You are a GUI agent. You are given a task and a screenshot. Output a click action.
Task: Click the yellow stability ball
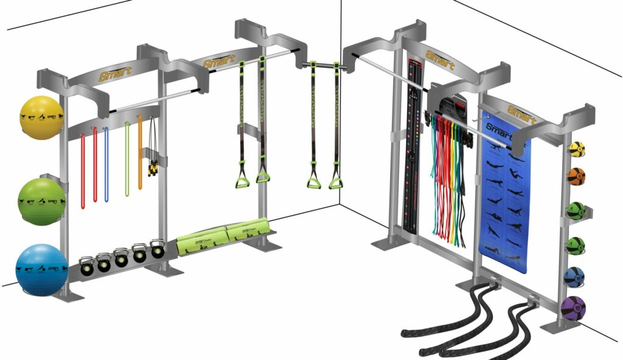pos(41,117)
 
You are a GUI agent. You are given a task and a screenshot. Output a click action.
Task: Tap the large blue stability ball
pos(41,269)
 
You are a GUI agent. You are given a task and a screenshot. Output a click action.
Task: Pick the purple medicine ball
pos(573,308)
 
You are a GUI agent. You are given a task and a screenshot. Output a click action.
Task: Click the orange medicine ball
pos(576,176)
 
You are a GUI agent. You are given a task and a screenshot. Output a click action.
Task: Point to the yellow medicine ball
pos(577,150)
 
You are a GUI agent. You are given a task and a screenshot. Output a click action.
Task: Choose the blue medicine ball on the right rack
pos(574,277)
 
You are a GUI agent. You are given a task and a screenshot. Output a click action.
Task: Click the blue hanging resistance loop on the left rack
pos(106,164)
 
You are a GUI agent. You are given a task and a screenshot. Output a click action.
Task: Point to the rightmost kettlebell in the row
pos(158,249)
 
